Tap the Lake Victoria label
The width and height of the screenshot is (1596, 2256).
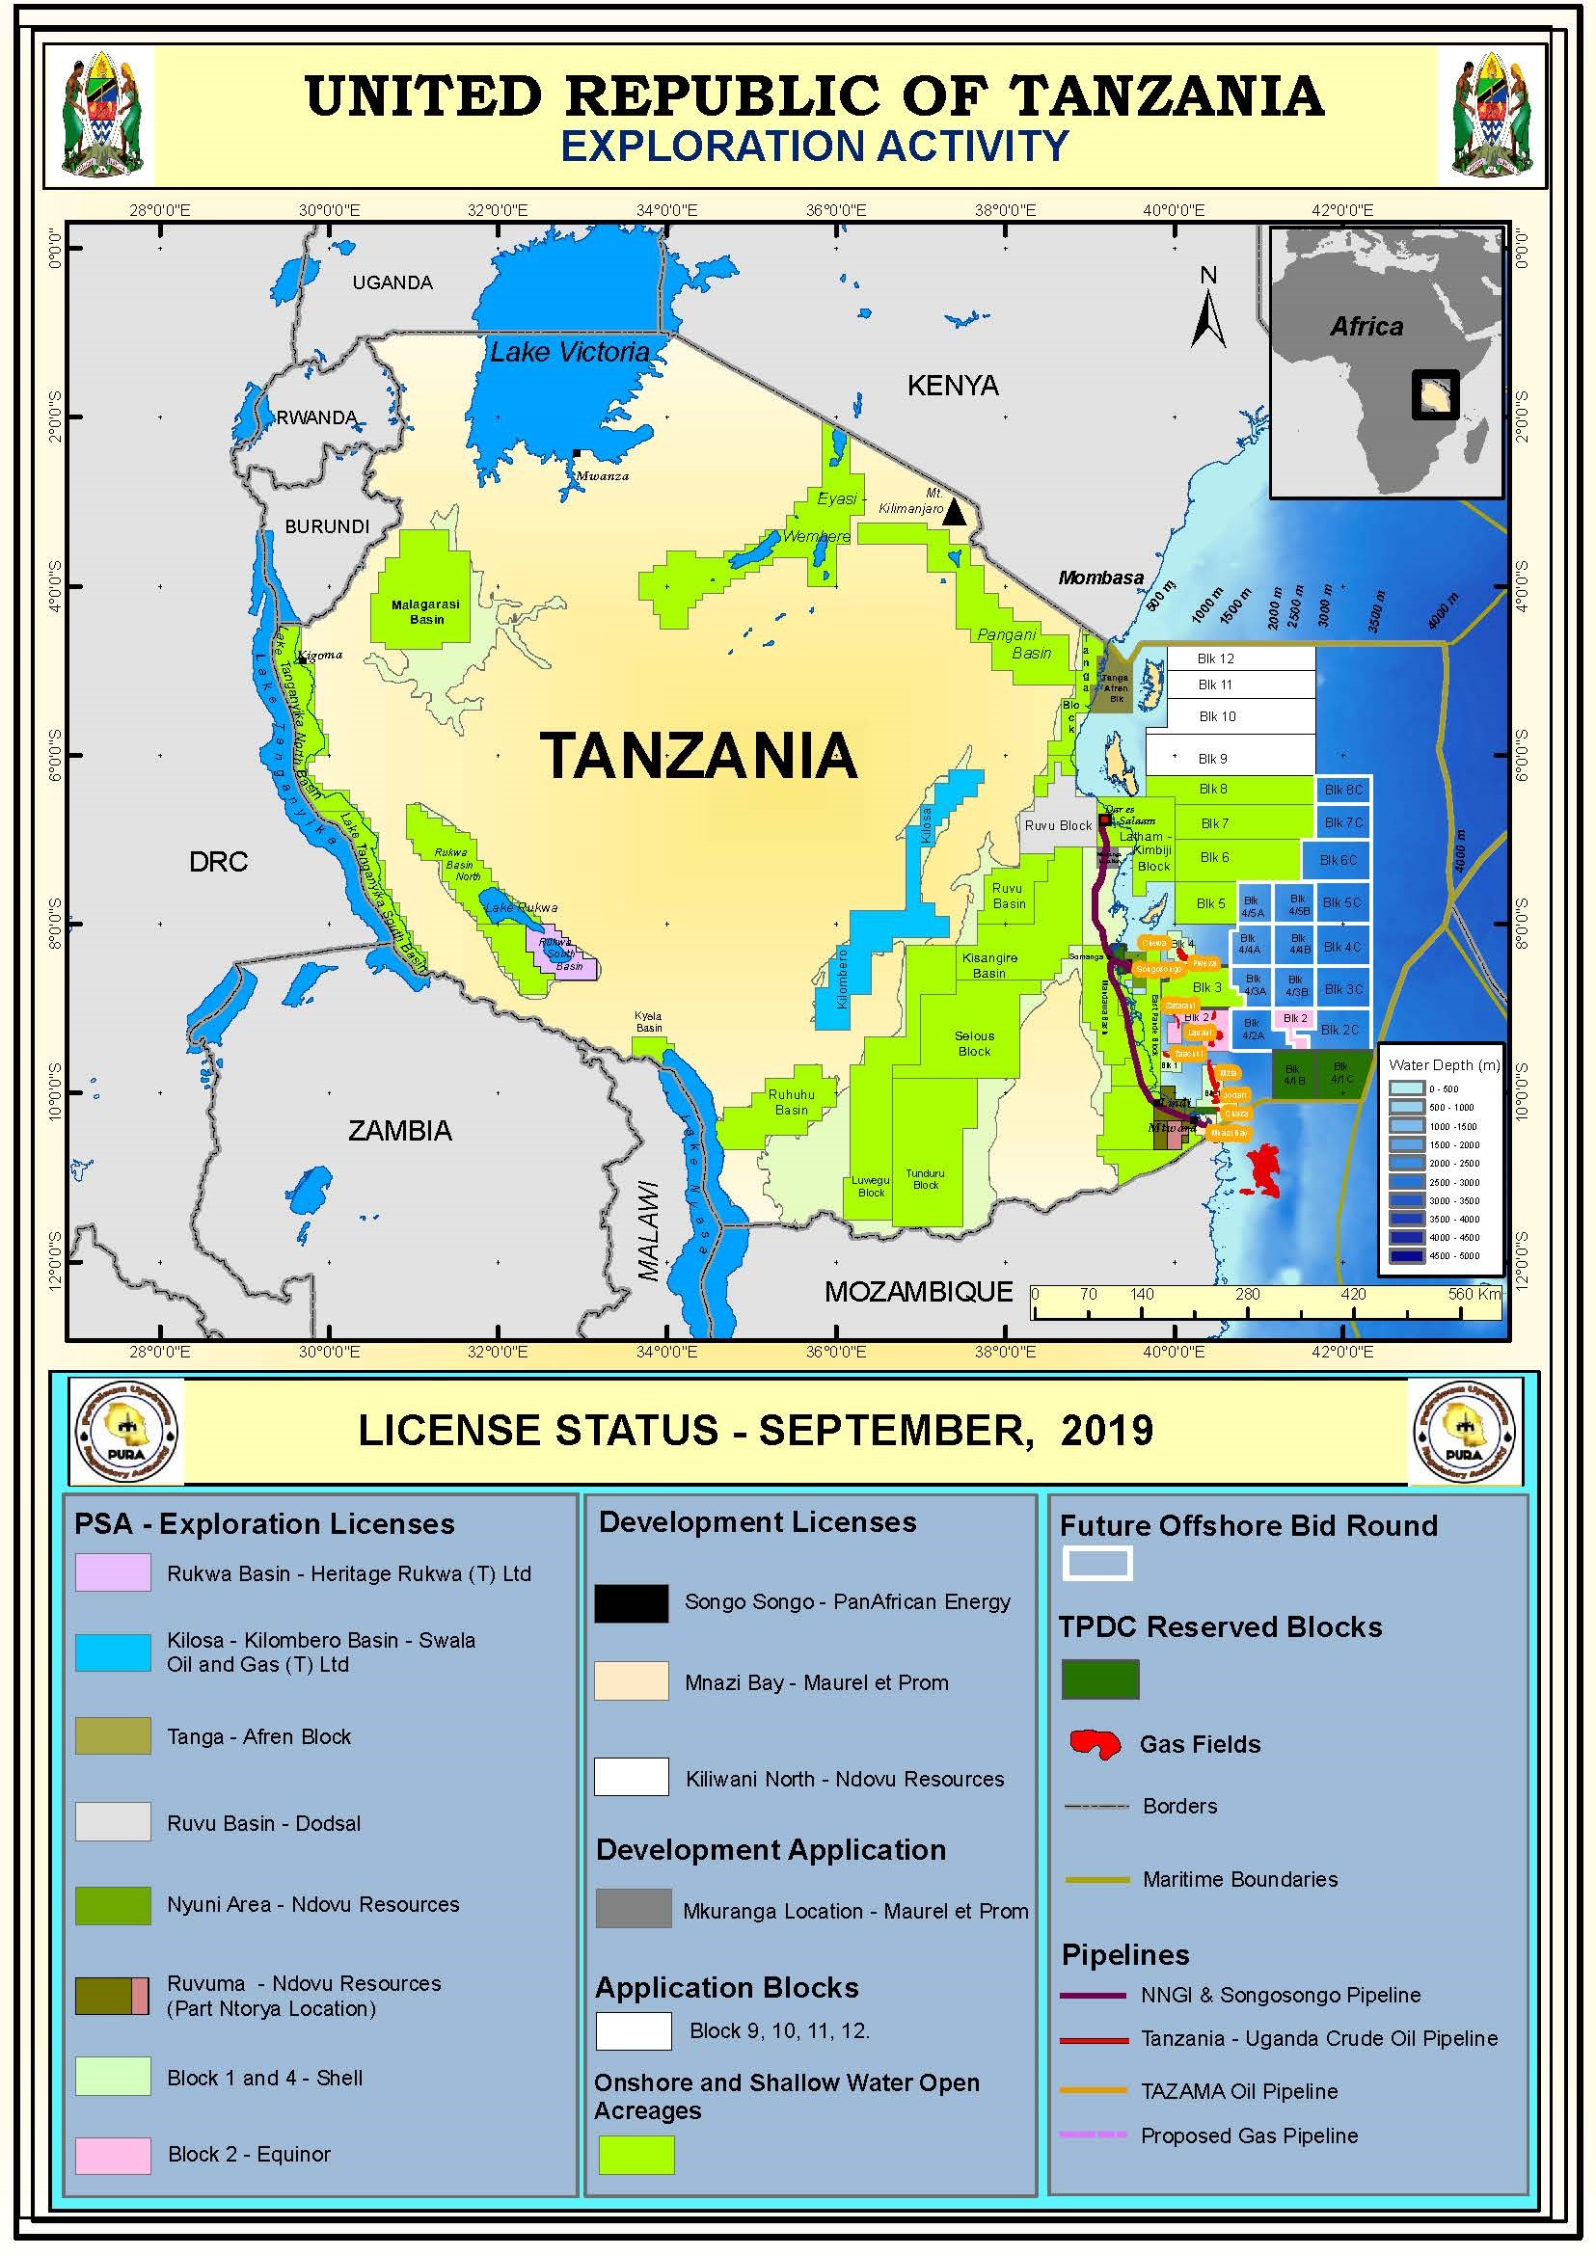point(569,352)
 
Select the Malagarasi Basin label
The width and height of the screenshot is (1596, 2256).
point(425,612)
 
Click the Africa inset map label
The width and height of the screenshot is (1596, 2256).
point(1366,326)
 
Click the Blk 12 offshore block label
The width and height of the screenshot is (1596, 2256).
point(1216,658)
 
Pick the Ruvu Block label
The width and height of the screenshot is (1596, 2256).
point(1058,825)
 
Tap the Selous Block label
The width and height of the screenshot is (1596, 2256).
point(974,1043)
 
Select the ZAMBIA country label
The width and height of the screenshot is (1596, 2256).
point(400,1131)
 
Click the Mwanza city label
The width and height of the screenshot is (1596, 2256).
point(602,475)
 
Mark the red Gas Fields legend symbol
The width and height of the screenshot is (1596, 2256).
point(1095,1744)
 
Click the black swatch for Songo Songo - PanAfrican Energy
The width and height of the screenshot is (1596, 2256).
point(631,1602)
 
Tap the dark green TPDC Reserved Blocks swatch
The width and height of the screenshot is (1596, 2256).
point(1099,1679)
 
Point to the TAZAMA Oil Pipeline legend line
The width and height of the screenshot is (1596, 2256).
point(1094,2090)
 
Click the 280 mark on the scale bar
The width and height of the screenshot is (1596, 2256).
point(1247,1294)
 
